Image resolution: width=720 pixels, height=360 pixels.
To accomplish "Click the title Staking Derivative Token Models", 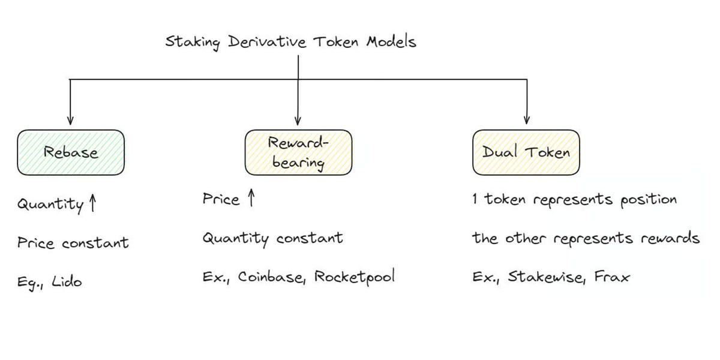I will tap(290, 43).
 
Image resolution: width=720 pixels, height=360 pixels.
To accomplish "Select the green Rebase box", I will tap(71, 152).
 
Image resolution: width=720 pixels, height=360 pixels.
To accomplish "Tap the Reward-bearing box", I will tap(298, 152).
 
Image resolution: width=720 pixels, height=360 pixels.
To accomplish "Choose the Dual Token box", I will tap(526, 152).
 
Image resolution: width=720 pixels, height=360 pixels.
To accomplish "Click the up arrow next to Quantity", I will tap(92, 204).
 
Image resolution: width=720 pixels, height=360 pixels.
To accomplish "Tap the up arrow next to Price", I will tap(251, 199).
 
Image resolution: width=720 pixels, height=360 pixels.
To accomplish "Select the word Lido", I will tap(67, 281).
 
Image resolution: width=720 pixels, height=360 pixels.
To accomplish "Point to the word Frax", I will tap(612, 277).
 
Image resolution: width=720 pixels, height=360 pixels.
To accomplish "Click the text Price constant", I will tap(73, 243).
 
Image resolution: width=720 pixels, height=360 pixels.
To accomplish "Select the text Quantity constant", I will tap(272, 239).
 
